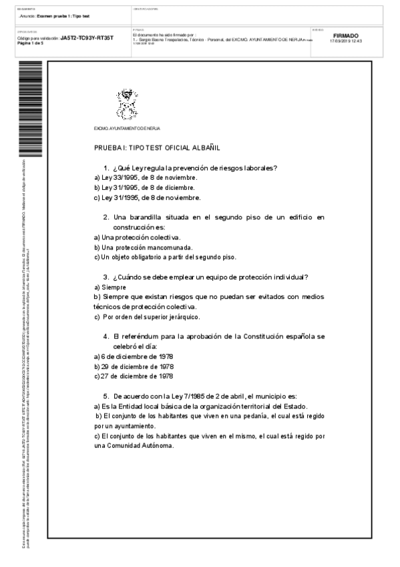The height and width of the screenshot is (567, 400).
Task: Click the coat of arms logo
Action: (126, 106)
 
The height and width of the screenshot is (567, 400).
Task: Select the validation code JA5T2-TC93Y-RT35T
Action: (87, 38)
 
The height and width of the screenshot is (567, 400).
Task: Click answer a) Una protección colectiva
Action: (137, 237)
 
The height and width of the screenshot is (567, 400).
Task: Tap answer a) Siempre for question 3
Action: (110, 287)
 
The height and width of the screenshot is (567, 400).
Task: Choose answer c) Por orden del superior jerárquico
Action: (147, 316)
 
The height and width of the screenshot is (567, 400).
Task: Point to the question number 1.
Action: (106, 167)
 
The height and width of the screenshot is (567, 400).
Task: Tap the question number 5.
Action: (106, 396)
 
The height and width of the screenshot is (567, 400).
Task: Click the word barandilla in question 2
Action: (147, 217)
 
